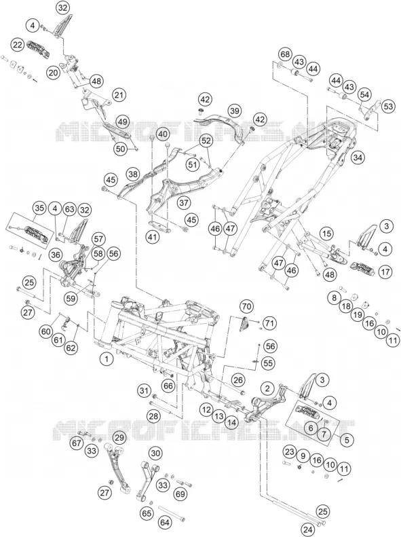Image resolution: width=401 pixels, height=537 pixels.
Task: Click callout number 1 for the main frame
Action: pos(107,358)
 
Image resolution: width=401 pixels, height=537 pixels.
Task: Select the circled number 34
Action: pos(358,158)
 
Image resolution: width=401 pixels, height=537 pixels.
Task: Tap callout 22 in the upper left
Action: pos(18,45)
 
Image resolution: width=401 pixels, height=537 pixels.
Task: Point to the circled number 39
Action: pos(235,111)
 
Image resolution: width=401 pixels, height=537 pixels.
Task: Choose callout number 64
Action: pos(165,523)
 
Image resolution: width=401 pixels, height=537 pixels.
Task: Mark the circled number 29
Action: pos(119,438)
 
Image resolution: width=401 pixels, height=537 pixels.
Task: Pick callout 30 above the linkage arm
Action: pos(155,453)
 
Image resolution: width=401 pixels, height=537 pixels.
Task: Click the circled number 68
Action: pos(285,55)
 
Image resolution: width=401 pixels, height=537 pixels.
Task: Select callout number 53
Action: pos(388,107)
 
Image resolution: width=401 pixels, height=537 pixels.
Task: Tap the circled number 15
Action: pos(326,234)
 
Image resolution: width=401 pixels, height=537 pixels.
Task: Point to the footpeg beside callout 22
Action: pos(39,49)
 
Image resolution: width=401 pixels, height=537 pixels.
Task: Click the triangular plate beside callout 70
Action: pos(245,323)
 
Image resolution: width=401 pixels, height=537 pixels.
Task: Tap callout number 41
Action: pos(153,237)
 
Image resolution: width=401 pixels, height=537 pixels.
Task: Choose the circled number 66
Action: pos(168,386)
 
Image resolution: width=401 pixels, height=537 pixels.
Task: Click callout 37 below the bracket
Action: pos(184,203)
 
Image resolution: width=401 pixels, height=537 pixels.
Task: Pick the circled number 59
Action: pos(71,298)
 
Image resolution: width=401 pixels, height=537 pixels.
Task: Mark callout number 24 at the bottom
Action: pos(308,530)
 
